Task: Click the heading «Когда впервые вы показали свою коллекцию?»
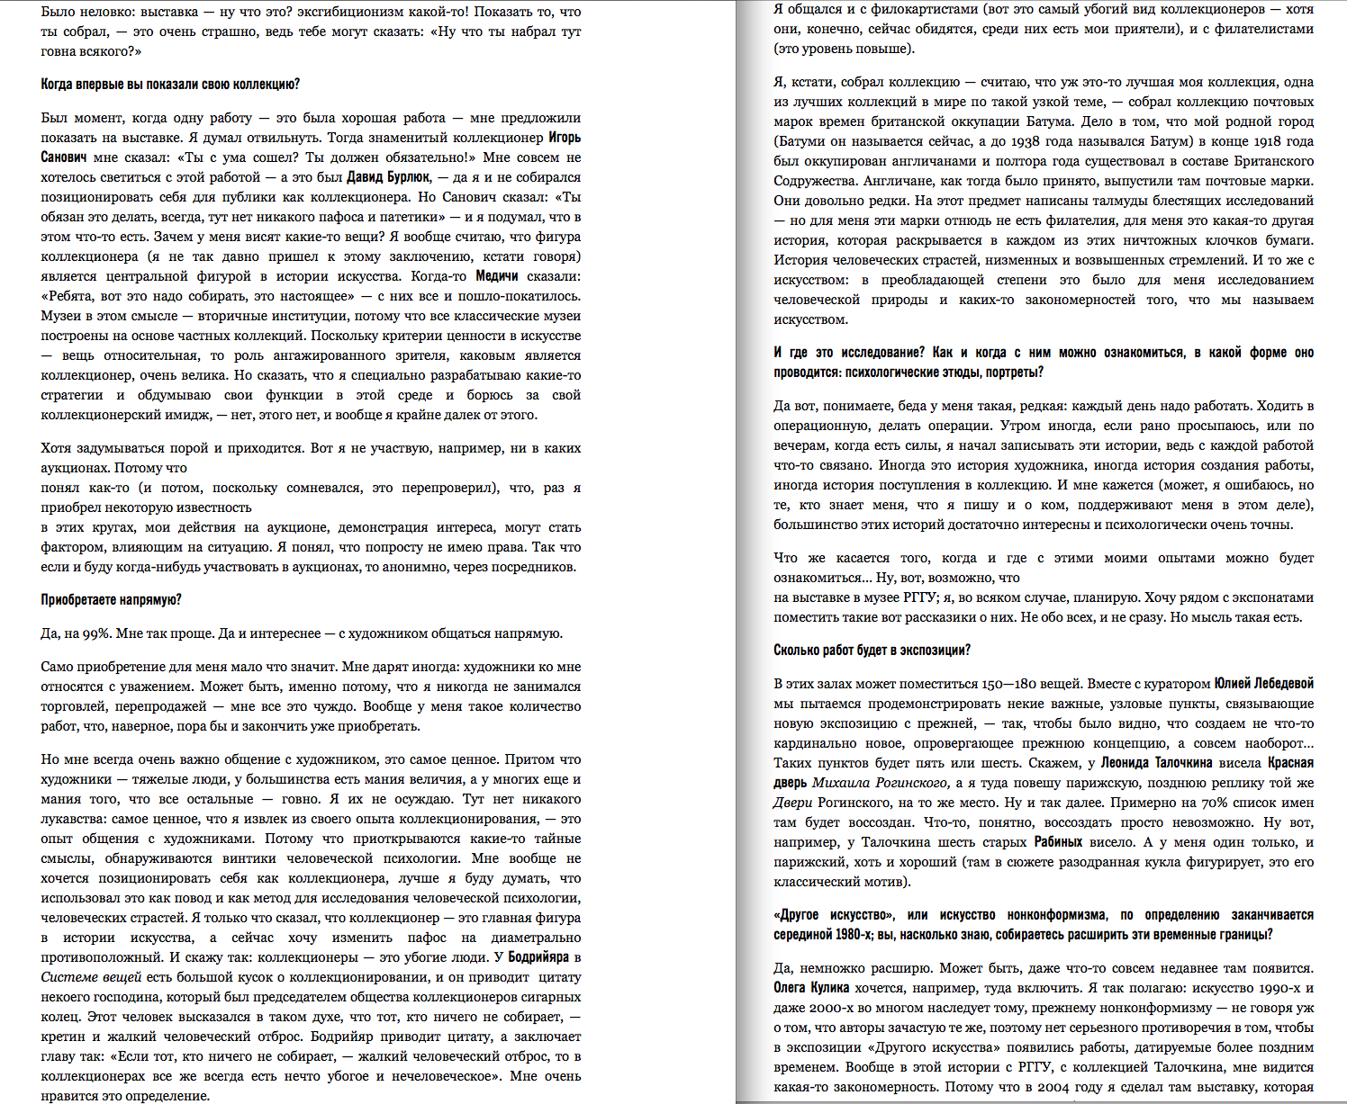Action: [170, 85]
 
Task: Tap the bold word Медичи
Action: [496, 276]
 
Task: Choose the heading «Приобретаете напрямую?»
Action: [111, 600]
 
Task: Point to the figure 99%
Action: [96, 633]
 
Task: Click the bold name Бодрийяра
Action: [538, 957]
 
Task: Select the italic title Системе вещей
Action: [91, 977]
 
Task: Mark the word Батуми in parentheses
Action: [800, 141]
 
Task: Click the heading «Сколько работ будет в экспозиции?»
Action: [872, 651]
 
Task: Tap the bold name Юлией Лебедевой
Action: [1263, 684]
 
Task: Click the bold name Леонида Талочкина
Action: [1157, 763]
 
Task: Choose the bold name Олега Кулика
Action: [811, 988]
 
